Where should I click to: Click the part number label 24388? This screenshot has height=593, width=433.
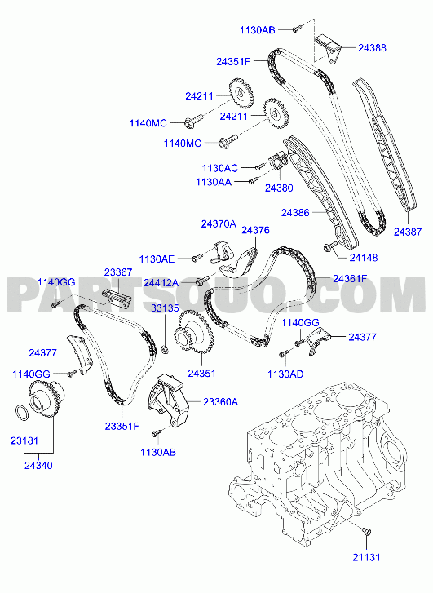(x=372, y=48)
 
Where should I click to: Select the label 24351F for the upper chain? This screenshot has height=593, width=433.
(x=233, y=62)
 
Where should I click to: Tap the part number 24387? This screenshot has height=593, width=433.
(x=408, y=232)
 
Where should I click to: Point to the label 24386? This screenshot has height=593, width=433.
(x=295, y=213)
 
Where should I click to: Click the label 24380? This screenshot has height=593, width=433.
(x=279, y=188)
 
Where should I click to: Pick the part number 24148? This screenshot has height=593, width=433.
(x=364, y=258)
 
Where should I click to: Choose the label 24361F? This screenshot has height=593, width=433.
(x=350, y=279)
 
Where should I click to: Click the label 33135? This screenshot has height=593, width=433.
(x=165, y=308)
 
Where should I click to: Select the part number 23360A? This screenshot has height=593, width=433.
(x=220, y=401)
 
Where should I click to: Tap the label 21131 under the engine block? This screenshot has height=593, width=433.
(x=366, y=557)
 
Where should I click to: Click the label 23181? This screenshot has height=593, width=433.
(x=24, y=440)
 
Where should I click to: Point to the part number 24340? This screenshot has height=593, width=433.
(x=38, y=466)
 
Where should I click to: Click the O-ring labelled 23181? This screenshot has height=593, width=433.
(x=22, y=413)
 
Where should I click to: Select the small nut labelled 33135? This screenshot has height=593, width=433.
(x=165, y=348)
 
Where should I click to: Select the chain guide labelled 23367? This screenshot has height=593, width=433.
(x=117, y=296)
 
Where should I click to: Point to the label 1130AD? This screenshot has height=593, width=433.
(x=285, y=374)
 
